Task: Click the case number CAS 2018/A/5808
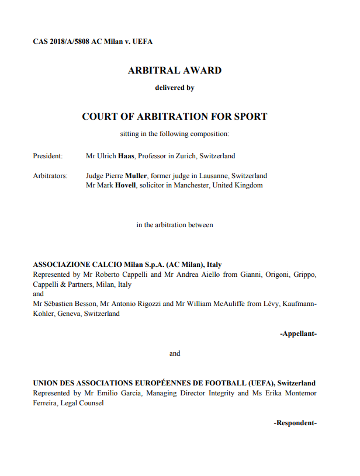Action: (x=61, y=41)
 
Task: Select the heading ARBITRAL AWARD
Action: (x=174, y=71)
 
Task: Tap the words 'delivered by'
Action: (x=174, y=88)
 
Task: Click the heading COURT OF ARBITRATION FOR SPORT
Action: (x=174, y=116)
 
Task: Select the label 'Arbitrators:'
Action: (x=50, y=176)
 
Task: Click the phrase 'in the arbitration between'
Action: (x=174, y=225)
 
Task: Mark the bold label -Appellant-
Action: (x=298, y=333)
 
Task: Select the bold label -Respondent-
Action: (x=295, y=422)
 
